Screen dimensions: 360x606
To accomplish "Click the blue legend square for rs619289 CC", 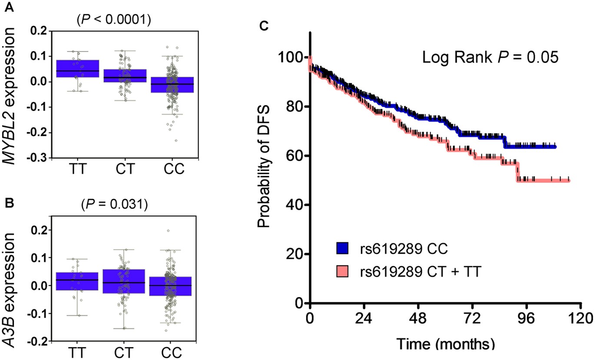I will pos(343,248).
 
